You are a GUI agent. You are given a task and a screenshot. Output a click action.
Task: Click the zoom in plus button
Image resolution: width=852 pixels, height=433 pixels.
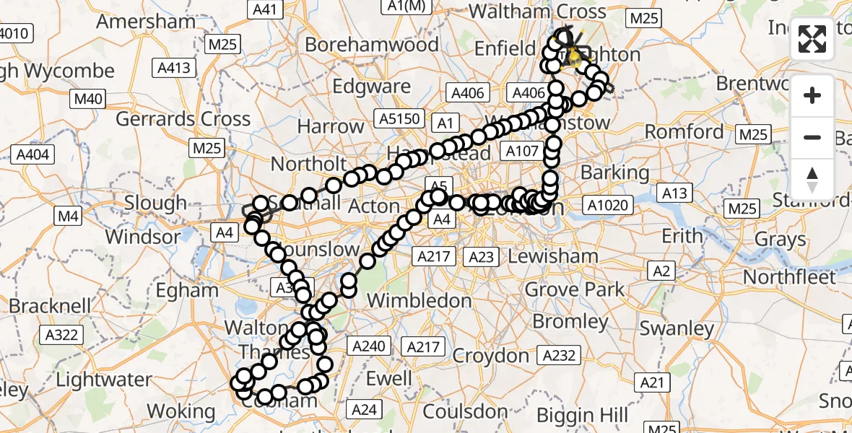click(x=812, y=95)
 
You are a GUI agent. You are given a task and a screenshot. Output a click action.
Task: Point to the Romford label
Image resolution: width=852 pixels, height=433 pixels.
click(x=684, y=132)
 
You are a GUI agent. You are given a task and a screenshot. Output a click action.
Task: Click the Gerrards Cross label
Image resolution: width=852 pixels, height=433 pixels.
click(x=183, y=118)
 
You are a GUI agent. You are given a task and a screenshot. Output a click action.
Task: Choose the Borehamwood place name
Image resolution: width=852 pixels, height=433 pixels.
click(x=372, y=45)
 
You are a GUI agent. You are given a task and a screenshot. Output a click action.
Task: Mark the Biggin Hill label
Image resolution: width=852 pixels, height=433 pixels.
click(x=583, y=415)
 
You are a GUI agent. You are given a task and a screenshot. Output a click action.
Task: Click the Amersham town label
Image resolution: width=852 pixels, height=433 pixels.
click(x=146, y=21)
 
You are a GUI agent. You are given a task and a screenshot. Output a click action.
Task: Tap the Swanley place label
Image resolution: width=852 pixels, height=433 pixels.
click(x=677, y=328)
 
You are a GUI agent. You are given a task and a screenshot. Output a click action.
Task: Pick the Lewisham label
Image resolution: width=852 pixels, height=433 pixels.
click(x=553, y=256)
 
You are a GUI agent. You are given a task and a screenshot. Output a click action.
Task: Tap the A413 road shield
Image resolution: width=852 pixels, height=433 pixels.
click(x=174, y=69)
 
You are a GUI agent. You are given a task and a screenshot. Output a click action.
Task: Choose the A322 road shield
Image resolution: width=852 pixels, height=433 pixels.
click(x=61, y=334)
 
